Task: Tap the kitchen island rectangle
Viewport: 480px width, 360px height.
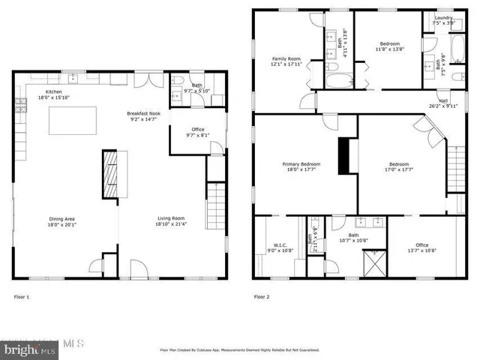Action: tap(72, 121)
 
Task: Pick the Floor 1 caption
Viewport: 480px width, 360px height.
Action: tap(22, 297)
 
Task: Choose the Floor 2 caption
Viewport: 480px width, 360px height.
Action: tap(261, 297)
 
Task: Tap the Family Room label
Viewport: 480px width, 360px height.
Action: tap(286, 61)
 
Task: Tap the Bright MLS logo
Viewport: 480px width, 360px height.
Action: tap(28, 348)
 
